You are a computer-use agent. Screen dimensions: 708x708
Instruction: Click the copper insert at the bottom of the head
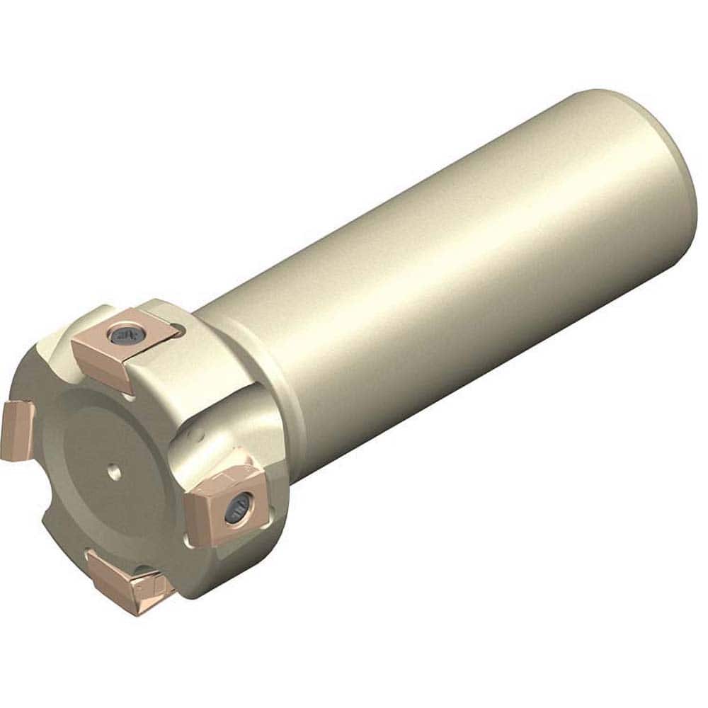(x=127, y=582)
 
